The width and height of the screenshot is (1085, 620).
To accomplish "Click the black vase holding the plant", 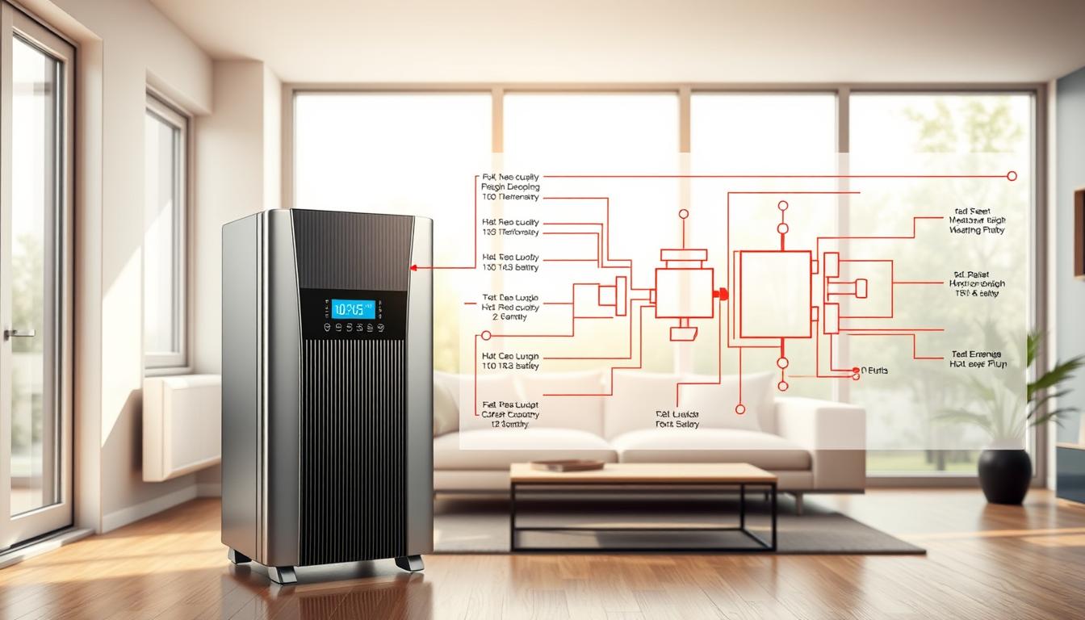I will [1004, 476].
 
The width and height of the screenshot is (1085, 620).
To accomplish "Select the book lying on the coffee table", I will [567, 465].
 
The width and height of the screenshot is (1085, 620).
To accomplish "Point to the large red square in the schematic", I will [775, 294].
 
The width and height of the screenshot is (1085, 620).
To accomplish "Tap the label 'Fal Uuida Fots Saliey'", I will [677, 419].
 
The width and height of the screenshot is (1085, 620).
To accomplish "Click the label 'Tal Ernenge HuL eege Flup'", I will [976, 358].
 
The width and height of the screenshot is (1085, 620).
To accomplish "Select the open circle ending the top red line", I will [1012, 176].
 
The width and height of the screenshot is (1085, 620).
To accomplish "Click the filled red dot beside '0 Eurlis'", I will [855, 371].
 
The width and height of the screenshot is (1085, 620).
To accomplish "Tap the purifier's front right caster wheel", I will [410, 563].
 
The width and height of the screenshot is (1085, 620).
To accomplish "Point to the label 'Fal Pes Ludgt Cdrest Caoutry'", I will [509, 413].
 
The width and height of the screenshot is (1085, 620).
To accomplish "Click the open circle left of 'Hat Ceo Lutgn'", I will [486, 335].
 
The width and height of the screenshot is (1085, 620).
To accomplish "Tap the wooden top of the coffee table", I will [643, 473].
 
